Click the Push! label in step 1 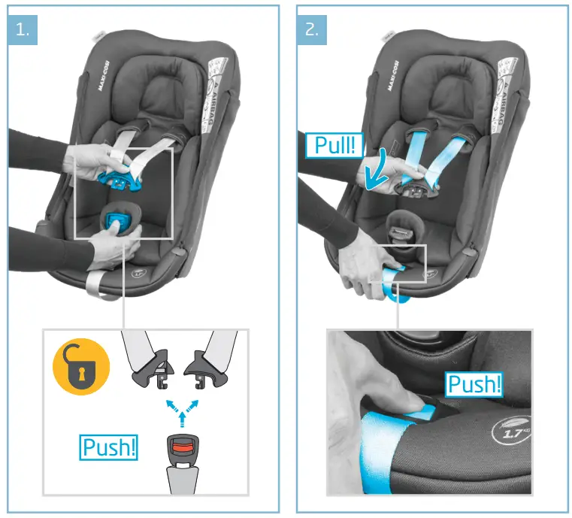[110, 447]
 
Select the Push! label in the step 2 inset [474, 384]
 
